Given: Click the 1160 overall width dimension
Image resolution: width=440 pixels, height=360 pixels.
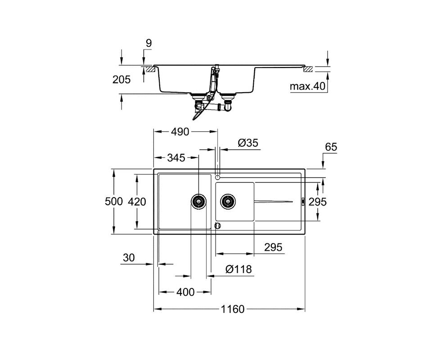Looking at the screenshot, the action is [233, 309].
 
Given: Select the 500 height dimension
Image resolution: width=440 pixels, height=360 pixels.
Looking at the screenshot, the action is [114, 202].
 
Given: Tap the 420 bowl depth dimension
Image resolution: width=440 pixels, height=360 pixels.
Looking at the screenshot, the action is [137, 202].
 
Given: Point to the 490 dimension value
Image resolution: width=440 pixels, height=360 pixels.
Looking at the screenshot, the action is [180, 131].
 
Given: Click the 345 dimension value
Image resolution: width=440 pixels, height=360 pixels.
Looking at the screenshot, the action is [176, 158].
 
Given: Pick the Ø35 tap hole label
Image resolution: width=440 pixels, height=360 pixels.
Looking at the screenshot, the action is [248, 143].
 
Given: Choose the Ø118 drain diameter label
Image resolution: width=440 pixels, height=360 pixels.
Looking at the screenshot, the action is [238, 270].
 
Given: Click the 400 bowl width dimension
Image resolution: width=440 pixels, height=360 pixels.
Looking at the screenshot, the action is [185, 292].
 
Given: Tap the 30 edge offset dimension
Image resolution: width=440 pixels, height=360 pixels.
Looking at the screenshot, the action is [129, 257].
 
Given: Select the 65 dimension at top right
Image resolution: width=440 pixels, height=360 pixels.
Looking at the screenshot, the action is [331, 147].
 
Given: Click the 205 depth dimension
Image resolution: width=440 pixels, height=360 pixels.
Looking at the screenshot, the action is [121, 80].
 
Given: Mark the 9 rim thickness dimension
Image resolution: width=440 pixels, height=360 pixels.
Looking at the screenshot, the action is [149, 44].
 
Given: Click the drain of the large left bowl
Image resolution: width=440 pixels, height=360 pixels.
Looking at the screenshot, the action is [199, 201].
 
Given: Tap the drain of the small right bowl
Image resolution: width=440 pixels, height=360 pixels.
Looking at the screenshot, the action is [228, 201].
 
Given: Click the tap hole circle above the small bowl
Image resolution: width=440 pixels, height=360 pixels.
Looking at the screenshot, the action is [217, 177].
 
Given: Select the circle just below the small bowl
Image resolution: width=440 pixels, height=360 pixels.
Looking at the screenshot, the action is [218, 225].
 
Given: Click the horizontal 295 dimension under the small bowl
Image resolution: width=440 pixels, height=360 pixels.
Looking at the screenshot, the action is [274, 247].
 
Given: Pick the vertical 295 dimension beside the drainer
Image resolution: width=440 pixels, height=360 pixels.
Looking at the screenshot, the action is [318, 202].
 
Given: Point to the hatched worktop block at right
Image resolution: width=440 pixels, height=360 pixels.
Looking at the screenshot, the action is [308, 69].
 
